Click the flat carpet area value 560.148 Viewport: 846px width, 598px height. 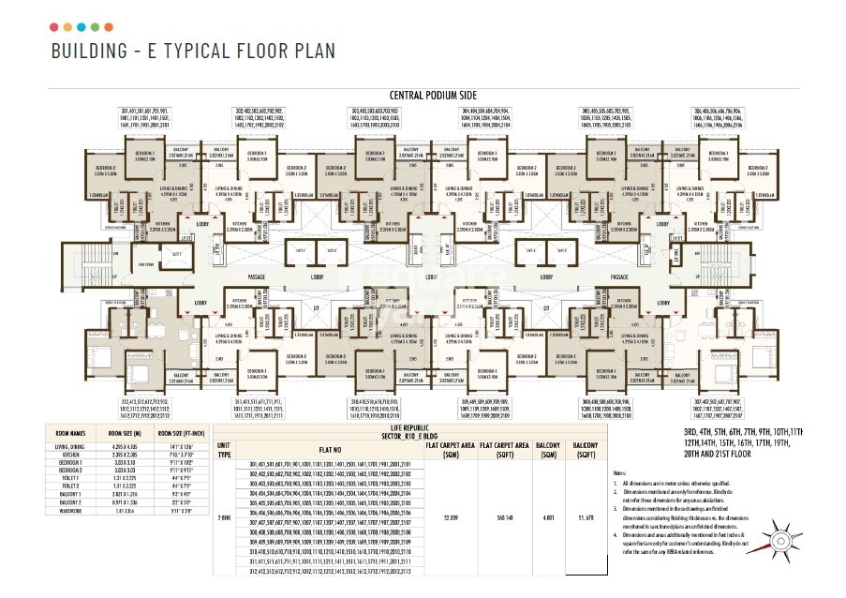coord(506,516)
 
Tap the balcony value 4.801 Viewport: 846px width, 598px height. coord(550,516)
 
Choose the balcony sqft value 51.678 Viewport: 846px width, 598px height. coord(587,516)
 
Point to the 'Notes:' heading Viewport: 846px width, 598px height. coord(619,473)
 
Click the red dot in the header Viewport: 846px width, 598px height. coord(53,26)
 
